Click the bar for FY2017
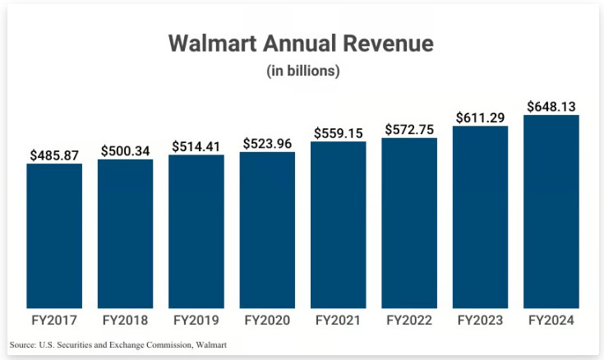pyautogui.click(x=54, y=235)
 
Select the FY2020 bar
pyautogui.click(x=267, y=229)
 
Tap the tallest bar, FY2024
pyautogui.click(x=551, y=210)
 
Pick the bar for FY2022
pyautogui.click(x=409, y=222)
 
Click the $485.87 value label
pyautogui.click(x=54, y=155)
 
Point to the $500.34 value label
pyautogui.click(x=125, y=150)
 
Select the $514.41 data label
pyautogui.click(x=196, y=146)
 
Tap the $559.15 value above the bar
pyautogui.click(x=339, y=132)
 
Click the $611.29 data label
pyautogui.click(x=481, y=117)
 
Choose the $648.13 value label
pyautogui.click(x=551, y=106)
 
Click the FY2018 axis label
pyautogui.click(x=125, y=320)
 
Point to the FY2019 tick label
pyautogui.click(x=196, y=320)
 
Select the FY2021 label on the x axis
pyautogui.click(x=339, y=320)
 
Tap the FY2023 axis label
pyautogui.click(x=481, y=320)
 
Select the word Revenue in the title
pyautogui.click(x=390, y=43)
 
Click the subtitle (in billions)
pyautogui.click(x=302, y=71)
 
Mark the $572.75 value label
pyautogui.click(x=409, y=128)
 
